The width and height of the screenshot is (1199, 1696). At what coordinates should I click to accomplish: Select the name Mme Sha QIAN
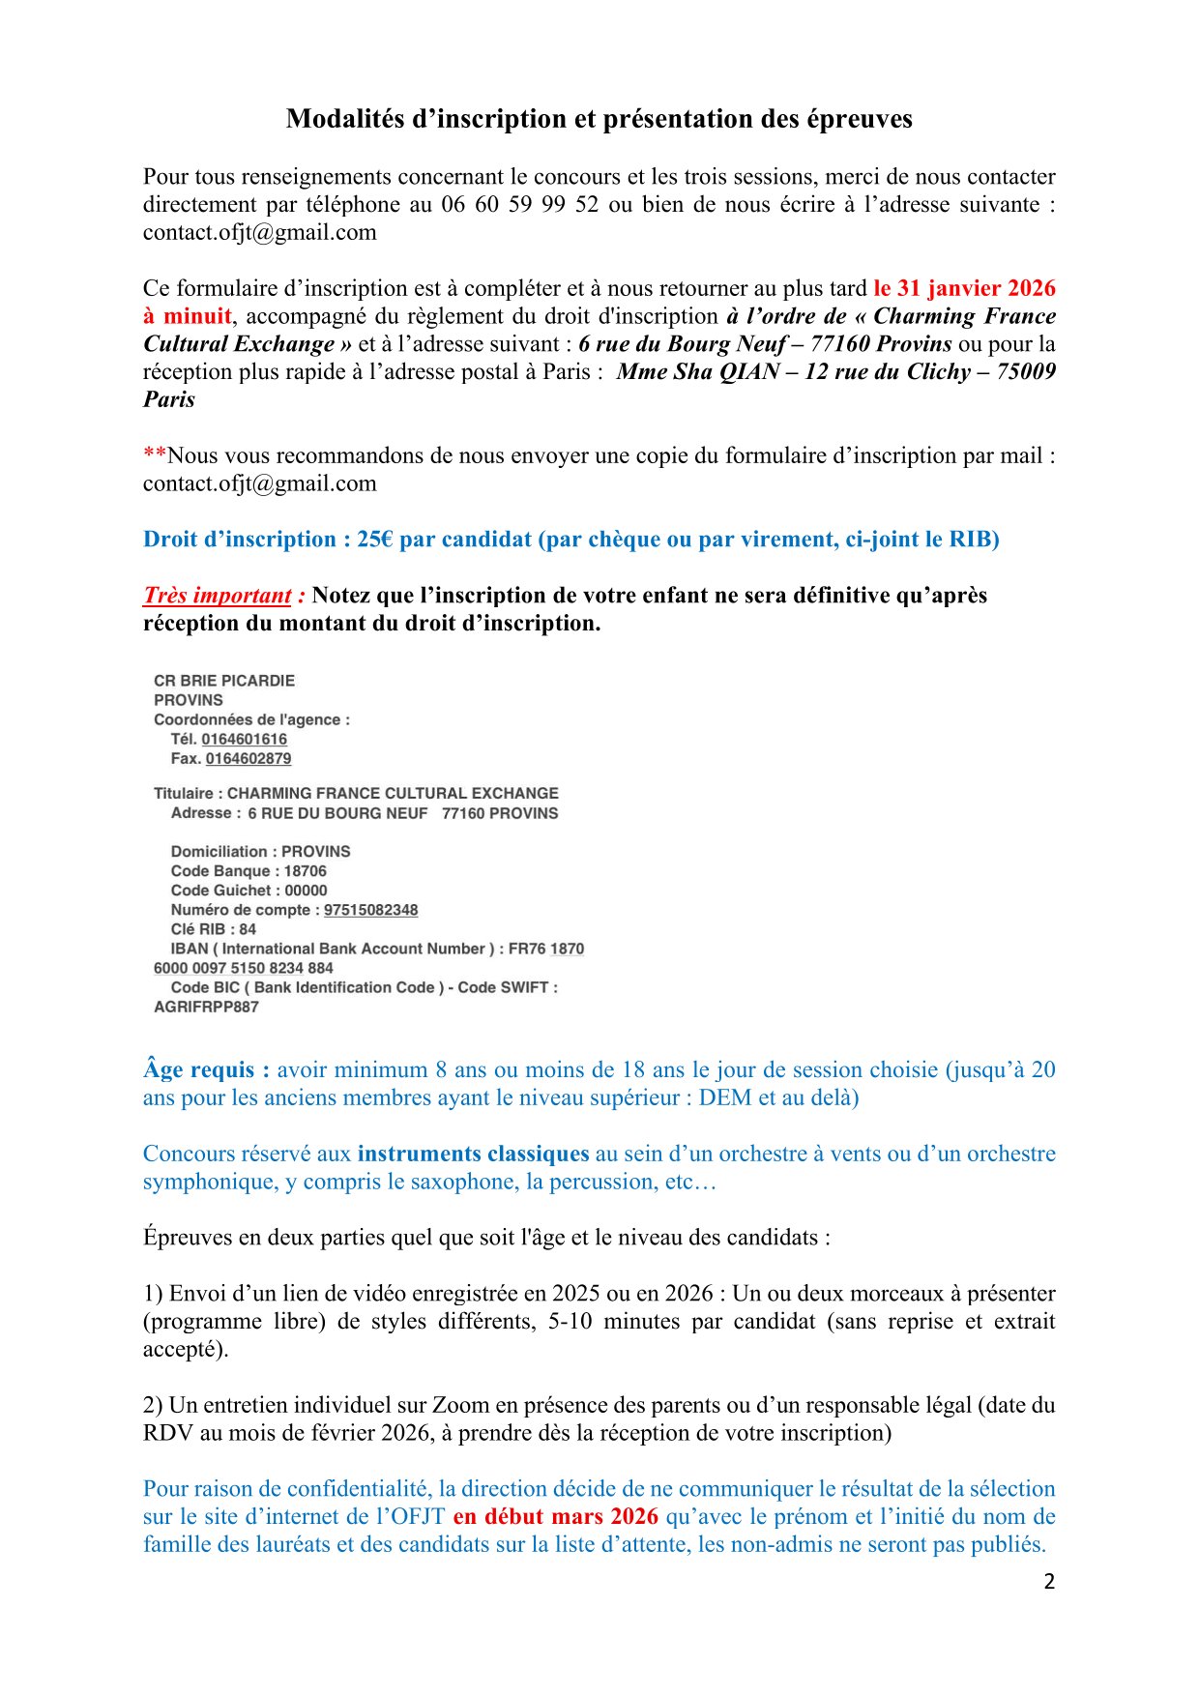[697, 372]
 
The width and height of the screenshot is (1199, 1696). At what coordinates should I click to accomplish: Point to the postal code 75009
[1026, 372]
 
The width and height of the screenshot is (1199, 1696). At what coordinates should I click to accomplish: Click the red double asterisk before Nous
[155, 454]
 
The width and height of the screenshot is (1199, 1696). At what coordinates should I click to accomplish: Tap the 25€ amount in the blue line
[374, 540]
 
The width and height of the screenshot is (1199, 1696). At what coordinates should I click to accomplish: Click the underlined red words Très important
[218, 596]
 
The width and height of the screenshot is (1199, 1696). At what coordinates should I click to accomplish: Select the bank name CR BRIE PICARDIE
[224, 681]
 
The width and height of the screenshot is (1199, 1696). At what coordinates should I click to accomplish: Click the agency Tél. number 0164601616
[244, 740]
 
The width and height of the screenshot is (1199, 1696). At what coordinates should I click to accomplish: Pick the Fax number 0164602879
[248, 759]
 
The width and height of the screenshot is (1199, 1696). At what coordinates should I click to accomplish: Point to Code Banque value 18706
[306, 871]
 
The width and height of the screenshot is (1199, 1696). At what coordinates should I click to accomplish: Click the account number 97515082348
[370, 910]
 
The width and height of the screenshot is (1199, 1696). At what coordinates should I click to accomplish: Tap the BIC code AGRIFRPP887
[206, 1007]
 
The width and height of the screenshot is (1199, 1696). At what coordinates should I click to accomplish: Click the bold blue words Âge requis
[198, 1070]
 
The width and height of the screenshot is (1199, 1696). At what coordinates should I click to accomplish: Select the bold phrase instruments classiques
[473, 1154]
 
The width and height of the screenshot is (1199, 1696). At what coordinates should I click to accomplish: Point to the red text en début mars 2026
[555, 1516]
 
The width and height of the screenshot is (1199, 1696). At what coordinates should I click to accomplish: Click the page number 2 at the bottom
[1049, 1582]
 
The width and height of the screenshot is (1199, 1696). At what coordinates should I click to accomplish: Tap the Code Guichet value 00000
[306, 891]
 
